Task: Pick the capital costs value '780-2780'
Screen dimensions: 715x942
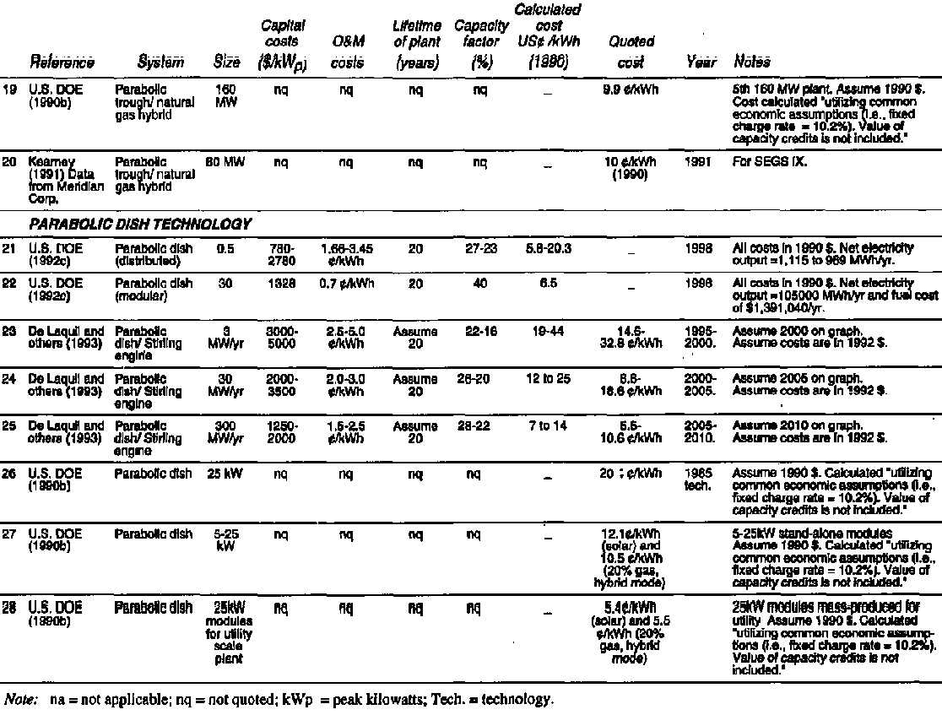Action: click(283, 253)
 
